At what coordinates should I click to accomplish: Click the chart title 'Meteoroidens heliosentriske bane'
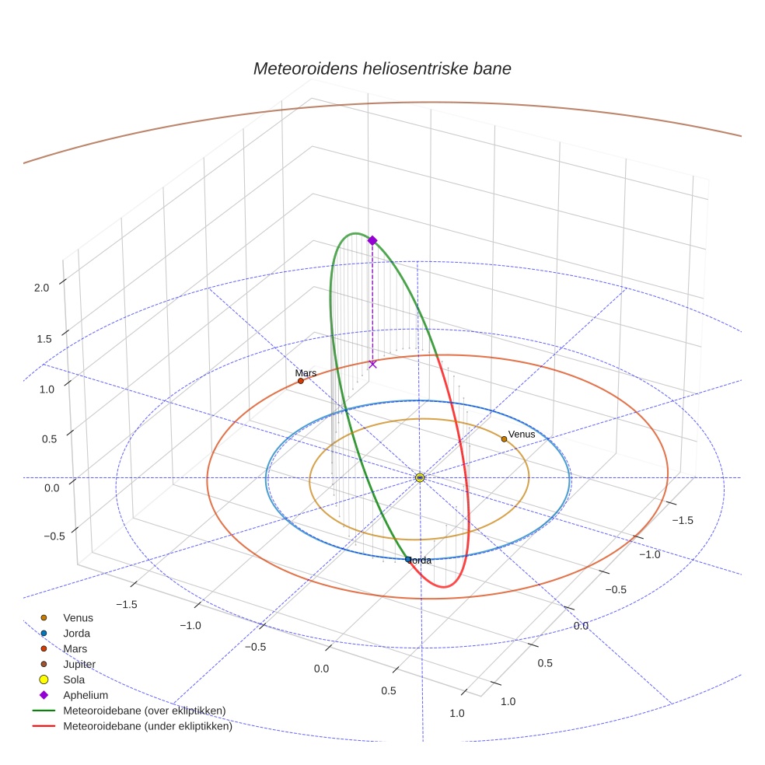(382, 68)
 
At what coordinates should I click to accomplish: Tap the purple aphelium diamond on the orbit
(372, 241)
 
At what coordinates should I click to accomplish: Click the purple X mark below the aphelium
(372, 364)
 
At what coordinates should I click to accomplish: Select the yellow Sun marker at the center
(420, 477)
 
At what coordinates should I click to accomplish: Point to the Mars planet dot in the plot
(301, 381)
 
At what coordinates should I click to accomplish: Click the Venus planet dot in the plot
(504, 439)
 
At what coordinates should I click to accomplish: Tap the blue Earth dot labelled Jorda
(408, 559)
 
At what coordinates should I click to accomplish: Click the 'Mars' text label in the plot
(306, 373)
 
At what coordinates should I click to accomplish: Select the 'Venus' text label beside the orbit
(522, 434)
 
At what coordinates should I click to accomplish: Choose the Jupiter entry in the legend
(79, 665)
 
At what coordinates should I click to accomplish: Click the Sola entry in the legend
(74, 679)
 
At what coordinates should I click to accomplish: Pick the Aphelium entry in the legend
(85, 695)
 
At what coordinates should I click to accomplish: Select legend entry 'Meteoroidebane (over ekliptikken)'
(144, 711)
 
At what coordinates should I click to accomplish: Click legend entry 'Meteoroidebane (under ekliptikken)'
(147, 726)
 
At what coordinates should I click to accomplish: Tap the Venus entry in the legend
(78, 618)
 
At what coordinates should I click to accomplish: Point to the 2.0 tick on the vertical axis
(41, 288)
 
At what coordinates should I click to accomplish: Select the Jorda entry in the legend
(76, 634)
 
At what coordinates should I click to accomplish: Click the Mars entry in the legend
(75, 648)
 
